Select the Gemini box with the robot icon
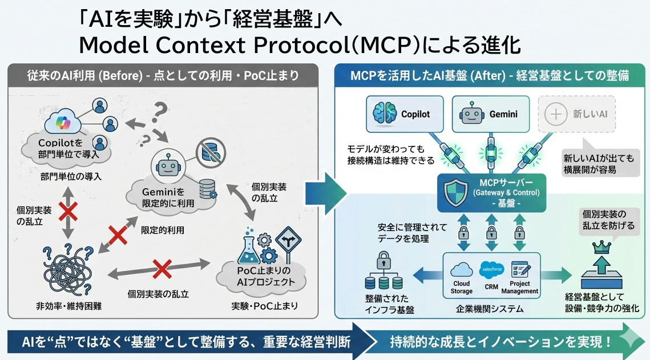point(488,114)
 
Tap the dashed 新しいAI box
point(576,114)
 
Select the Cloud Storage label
point(461,287)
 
